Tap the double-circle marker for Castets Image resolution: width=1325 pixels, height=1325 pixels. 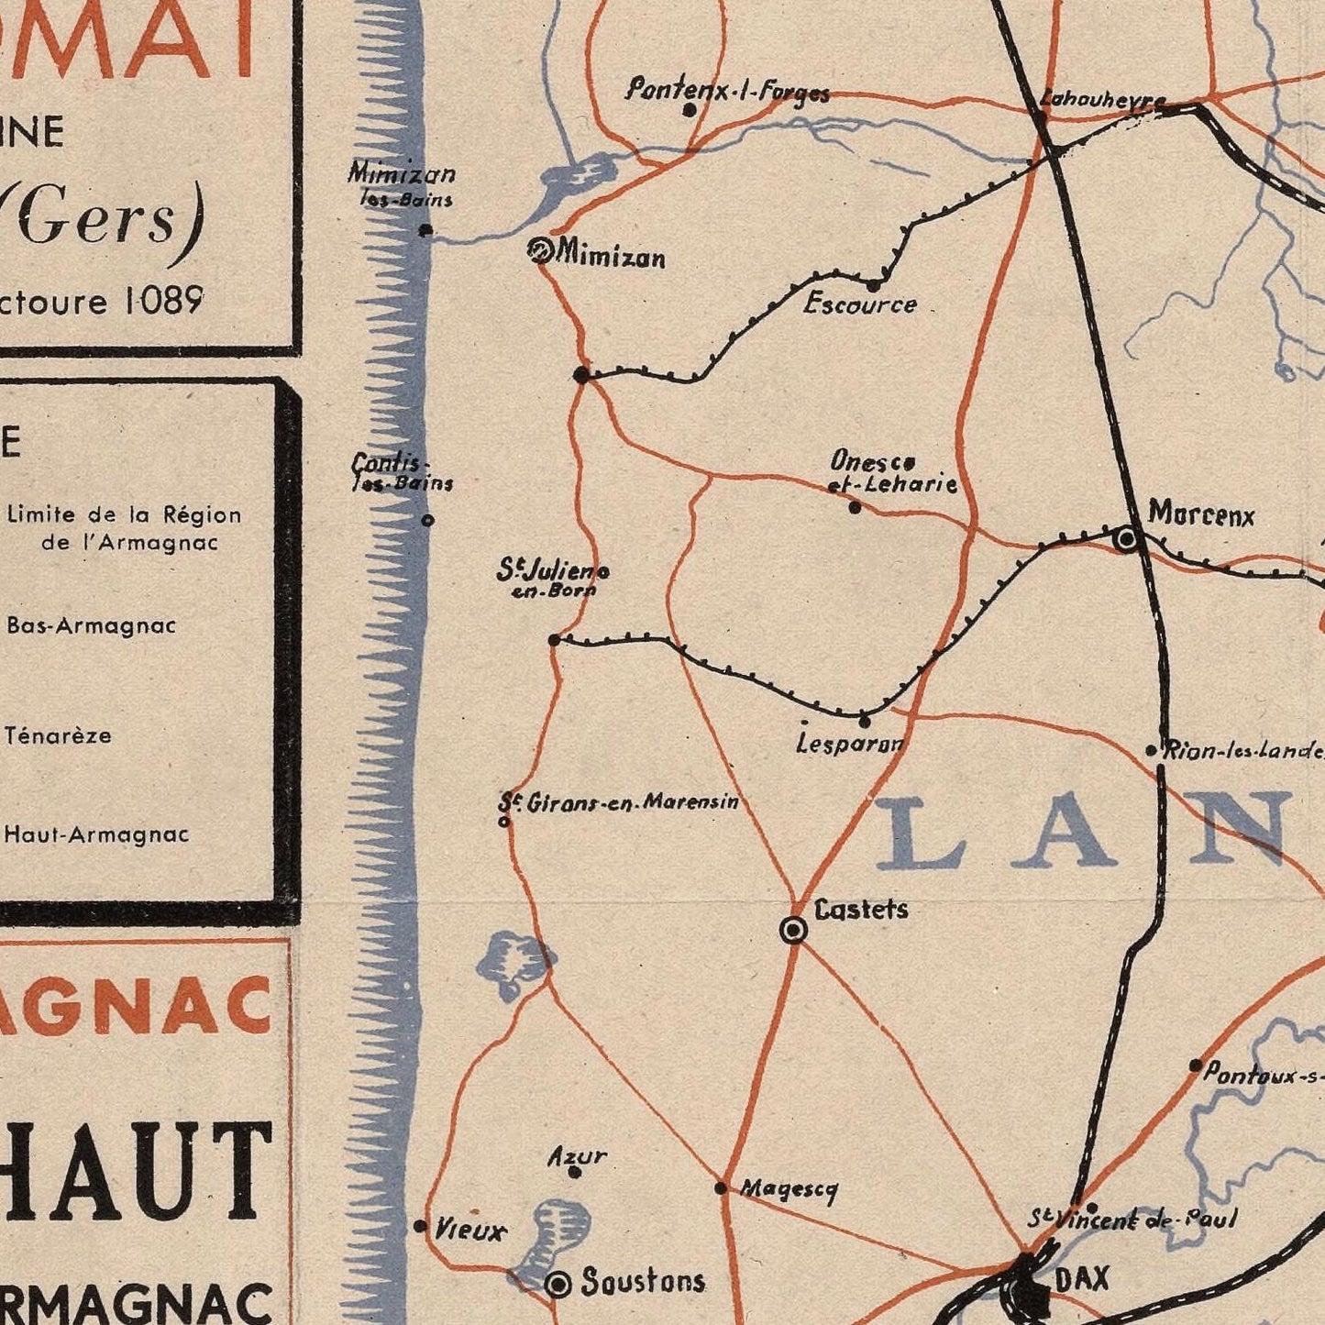click(x=794, y=931)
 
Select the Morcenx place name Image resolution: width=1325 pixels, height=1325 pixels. click(x=1200, y=514)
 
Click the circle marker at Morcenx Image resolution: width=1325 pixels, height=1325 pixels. click(x=1127, y=539)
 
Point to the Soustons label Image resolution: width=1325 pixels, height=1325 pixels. click(x=643, y=1281)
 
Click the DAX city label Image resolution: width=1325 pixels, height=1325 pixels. click(x=1082, y=1278)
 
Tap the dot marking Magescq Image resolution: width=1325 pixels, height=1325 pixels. click(x=721, y=1188)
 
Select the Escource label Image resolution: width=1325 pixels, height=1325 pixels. click(x=860, y=304)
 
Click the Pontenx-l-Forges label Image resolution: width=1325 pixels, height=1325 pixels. click(x=728, y=92)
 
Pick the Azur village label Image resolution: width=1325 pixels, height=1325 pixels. click(x=577, y=1155)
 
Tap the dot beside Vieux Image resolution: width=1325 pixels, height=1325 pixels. click(x=420, y=1226)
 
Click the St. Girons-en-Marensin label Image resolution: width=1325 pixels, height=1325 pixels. click(x=619, y=802)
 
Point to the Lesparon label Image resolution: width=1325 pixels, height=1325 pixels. click(x=851, y=743)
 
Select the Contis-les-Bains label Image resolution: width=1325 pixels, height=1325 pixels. click(x=402, y=473)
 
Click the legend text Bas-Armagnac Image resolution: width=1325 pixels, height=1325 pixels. click(x=91, y=626)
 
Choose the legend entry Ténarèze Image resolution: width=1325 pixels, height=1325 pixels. click(x=58, y=735)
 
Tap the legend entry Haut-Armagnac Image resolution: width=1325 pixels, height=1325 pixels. click(x=96, y=834)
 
